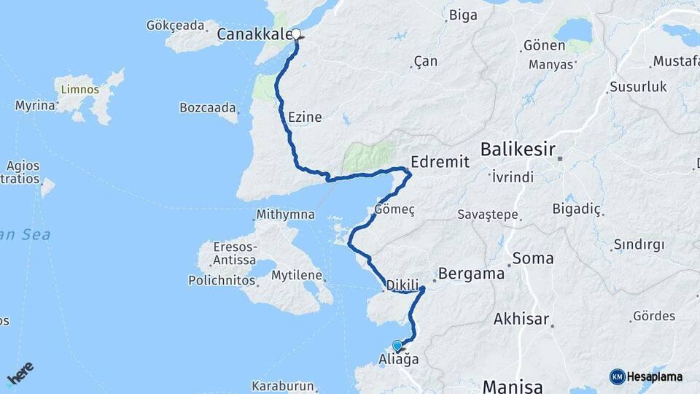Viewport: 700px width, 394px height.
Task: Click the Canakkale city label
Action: [255, 34]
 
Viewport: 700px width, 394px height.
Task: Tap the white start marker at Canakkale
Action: [297, 34]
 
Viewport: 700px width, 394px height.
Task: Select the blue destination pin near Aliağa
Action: [397, 345]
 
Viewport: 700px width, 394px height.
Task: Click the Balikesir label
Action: [518, 150]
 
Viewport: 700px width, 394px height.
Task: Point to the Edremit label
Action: [440, 161]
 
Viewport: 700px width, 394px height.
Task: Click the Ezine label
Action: [305, 117]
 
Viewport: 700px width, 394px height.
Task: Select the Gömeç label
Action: [394, 209]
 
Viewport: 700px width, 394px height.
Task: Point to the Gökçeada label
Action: [175, 26]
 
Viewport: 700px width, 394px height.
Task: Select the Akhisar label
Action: [521, 319]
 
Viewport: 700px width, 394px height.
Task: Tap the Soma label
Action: [533, 258]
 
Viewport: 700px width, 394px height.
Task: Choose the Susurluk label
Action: [638, 87]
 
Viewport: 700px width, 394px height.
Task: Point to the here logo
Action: [20, 374]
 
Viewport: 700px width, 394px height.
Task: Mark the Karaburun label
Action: [283, 385]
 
